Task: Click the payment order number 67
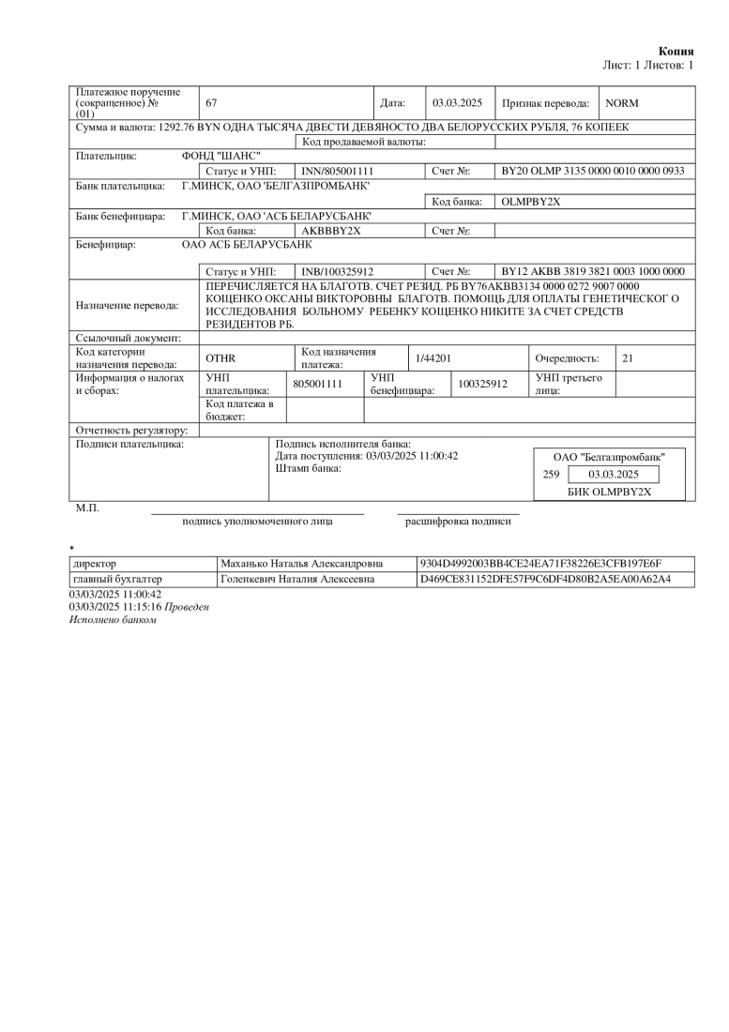[x=211, y=102]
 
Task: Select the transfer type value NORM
[x=622, y=102]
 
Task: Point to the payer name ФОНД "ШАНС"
[x=220, y=156]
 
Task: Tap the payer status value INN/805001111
[x=338, y=172]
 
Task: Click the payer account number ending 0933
[x=593, y=172]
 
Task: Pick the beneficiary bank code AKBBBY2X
[x=331, y=230]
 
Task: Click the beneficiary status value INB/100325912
[x=338, y=271]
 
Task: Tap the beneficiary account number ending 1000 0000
[x=593, y=271]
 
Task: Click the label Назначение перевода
[x=127, y=305]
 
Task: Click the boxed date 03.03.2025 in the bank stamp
[x=613, y=475]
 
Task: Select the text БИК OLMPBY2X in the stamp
[x=609, y=491]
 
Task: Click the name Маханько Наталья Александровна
[x=301, y=564]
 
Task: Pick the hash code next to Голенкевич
[x=544, y=579]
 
